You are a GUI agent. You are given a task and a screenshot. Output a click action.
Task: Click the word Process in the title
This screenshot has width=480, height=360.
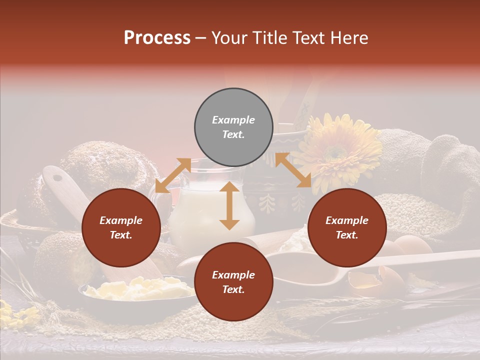157,38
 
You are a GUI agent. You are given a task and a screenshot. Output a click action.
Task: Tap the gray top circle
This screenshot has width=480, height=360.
233,127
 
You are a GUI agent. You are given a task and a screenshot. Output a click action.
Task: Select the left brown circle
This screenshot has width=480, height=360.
121,227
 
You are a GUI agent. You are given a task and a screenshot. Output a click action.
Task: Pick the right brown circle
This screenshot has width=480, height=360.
347,227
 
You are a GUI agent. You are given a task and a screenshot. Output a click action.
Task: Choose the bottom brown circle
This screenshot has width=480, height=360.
233,282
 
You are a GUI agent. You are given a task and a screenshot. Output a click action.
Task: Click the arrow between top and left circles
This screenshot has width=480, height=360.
172,175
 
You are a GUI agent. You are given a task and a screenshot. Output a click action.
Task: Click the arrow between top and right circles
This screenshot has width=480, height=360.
293,170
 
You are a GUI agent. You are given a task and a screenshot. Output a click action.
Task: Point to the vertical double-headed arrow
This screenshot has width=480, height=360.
229,205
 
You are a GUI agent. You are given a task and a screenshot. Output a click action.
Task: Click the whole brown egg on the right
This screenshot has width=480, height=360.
412,245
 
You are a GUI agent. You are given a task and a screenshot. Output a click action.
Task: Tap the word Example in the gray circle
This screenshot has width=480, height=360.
233,120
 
